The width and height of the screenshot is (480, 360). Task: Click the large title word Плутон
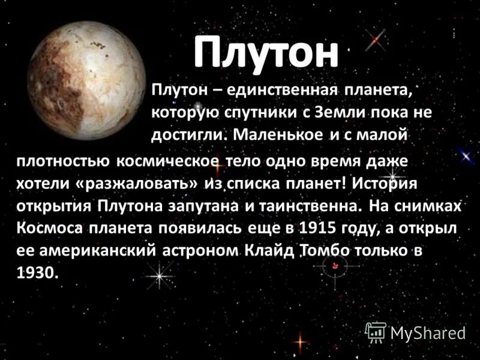tap(266, 52)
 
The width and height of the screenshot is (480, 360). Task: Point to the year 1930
tap(37, 272)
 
